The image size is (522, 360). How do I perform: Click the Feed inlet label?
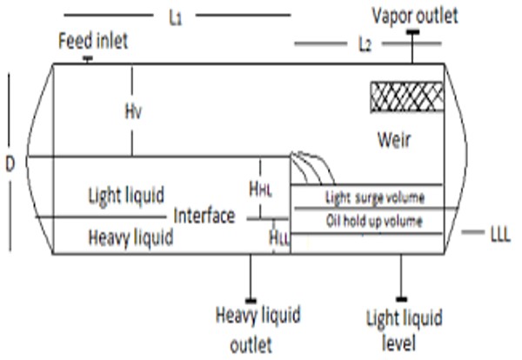point(92,41)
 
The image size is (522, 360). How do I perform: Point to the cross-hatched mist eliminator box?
point(403,95)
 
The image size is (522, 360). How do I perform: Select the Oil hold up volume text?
point(374,221)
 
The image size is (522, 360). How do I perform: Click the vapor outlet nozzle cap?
point(413,33)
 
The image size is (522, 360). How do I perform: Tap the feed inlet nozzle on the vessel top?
point(88,59)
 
